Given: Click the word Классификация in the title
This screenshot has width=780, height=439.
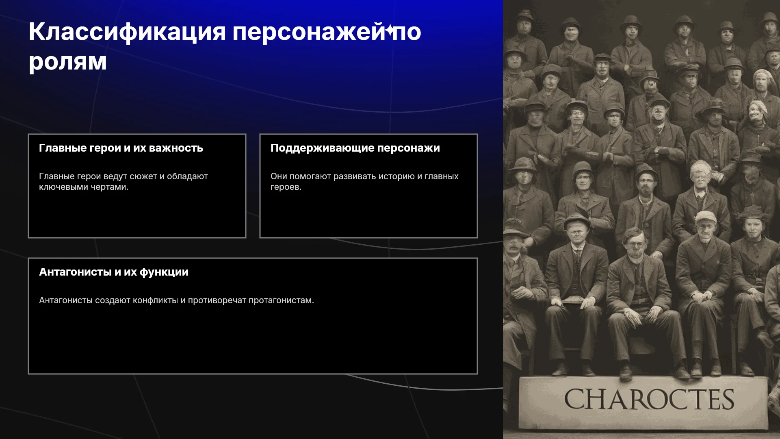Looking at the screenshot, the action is pos(127,32).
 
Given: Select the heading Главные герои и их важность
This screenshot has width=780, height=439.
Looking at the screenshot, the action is pos(121,148).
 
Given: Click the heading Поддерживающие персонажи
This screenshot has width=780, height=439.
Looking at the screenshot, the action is pos(355,148).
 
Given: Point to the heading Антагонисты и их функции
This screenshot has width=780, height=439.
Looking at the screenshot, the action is pos(114,272).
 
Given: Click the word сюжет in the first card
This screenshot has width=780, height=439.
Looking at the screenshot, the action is pos(143,176).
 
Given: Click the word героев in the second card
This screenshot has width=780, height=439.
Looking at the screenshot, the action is pos(286,187).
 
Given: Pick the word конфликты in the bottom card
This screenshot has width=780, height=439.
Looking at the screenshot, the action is pos(156,300).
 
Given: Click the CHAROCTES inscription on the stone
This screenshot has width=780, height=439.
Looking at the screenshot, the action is pos(649,399).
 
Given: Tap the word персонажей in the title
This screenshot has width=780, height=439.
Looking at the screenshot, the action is pos(308,32).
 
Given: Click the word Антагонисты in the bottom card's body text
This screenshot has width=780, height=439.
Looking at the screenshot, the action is pos(66,300).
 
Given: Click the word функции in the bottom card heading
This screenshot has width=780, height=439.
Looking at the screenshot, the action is pos(164,272).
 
